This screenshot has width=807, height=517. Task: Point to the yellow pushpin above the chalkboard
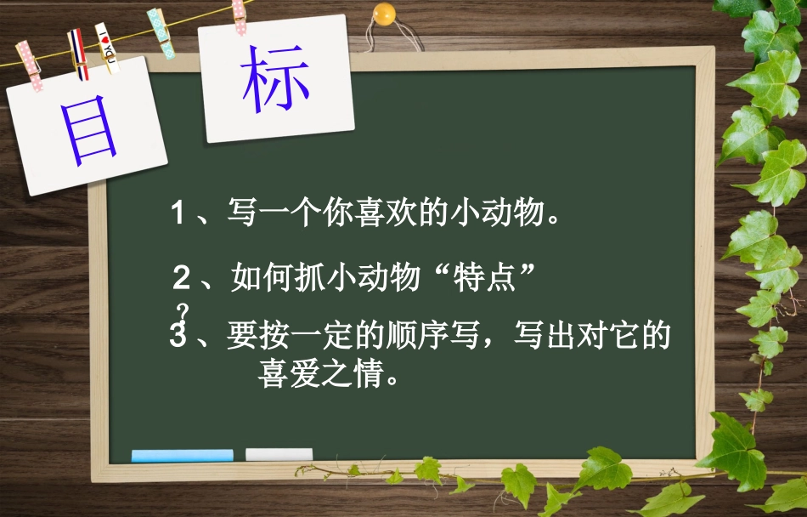click(x=386, y=15)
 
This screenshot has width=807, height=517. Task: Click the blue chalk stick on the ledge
click(x=182, y=455)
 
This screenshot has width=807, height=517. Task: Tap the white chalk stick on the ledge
click(x=279, y=454)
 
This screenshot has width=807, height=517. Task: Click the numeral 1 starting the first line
click(x=178, y=213)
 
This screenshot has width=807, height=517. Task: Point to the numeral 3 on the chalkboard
click(x=178, y=337)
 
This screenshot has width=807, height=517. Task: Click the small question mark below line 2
click(x=181, y=310)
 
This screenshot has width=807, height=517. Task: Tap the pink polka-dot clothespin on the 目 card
click(x=30, y=65)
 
